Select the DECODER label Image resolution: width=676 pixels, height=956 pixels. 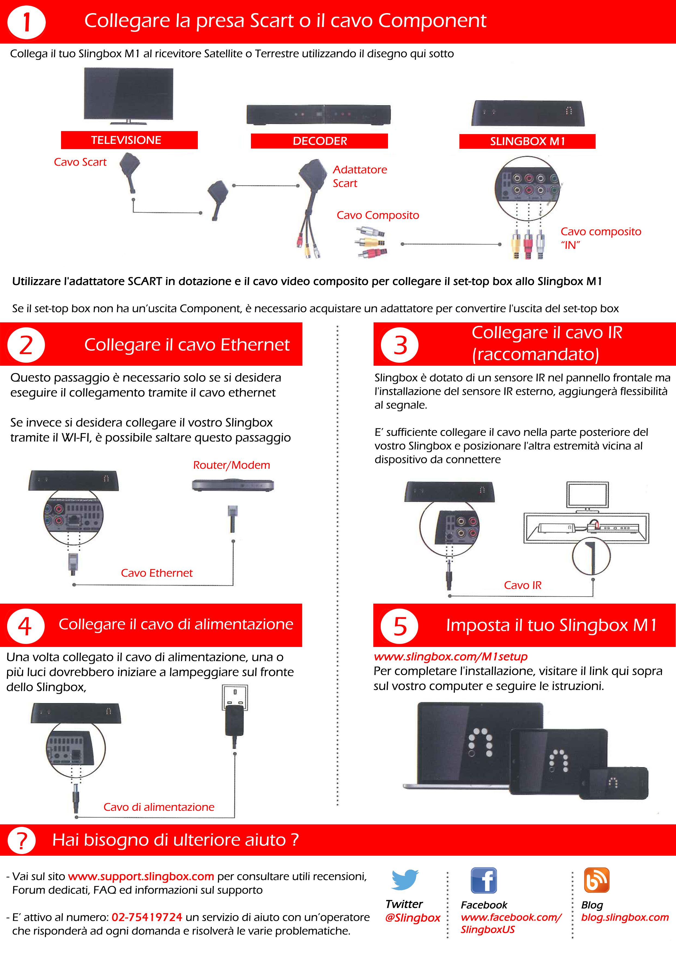pos(319,141)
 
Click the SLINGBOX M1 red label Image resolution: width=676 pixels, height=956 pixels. pos(528,141)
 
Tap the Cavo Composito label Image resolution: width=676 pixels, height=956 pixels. pos(378,215)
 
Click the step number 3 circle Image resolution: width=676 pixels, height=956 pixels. pos(400,345)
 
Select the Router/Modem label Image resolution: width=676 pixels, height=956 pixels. pos(231,465)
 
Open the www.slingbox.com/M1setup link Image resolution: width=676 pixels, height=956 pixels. pos(450,657)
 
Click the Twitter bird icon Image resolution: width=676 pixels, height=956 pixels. pos(405,879)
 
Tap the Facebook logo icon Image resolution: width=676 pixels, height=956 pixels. pos(484,880)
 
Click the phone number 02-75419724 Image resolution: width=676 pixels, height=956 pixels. pos(147,917)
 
